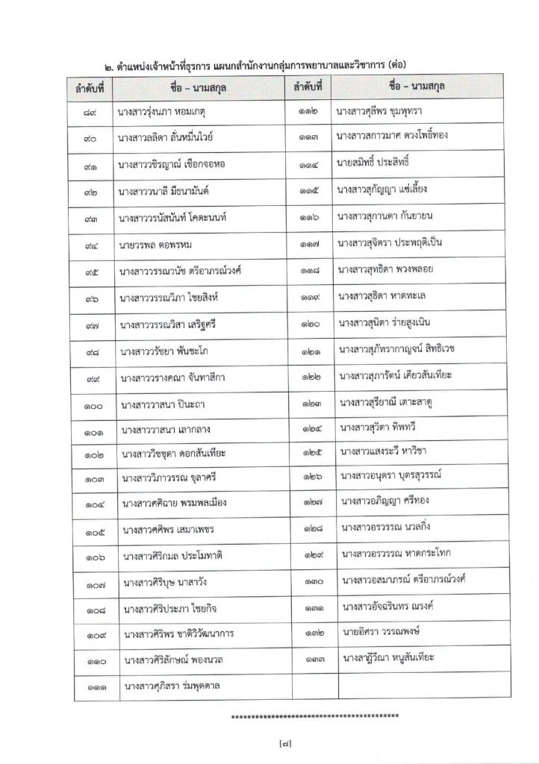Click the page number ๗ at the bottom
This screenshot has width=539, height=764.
269,744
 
